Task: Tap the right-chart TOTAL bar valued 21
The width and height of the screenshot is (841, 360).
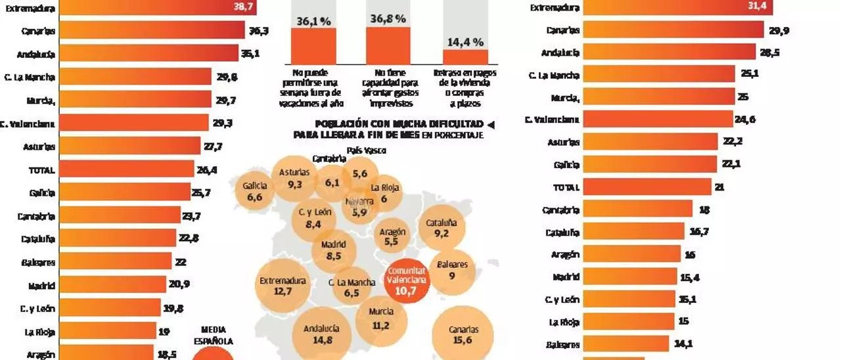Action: point(647,187)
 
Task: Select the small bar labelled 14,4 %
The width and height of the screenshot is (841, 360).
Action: point(465,56)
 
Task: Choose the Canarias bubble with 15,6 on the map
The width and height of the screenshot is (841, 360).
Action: point(463,334)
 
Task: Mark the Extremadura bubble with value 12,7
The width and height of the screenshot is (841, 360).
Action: point(283,285)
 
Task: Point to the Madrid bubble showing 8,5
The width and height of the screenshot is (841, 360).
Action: point(334,250)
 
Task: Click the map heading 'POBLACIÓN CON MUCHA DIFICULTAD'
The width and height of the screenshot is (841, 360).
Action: point(399,124)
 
